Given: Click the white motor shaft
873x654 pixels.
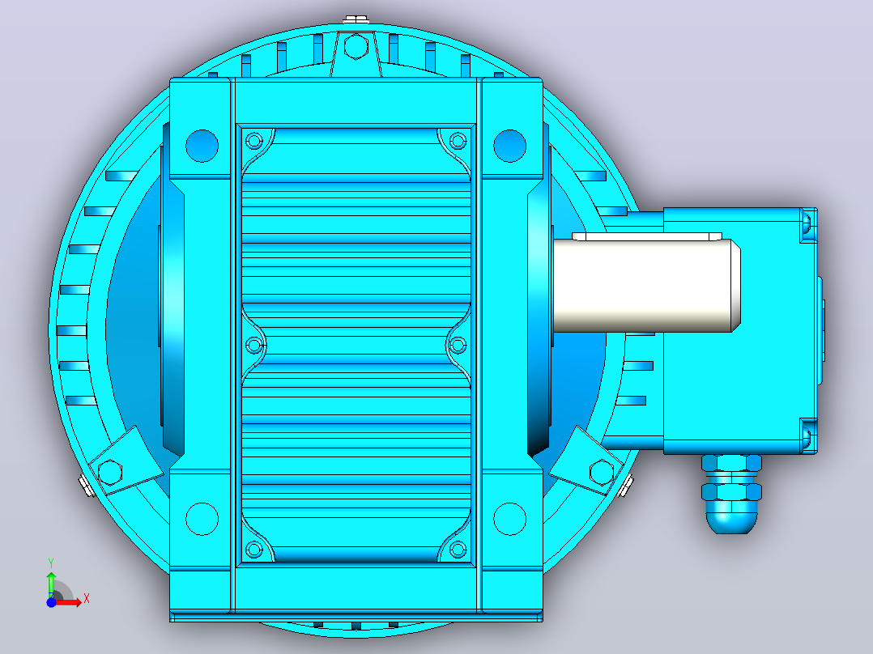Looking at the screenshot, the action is pyautogui.click(x=647, y=286).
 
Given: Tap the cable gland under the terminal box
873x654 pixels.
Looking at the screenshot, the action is pyautogui.click(x=731, y=494).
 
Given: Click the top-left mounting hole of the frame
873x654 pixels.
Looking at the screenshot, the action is pyautogui.click(x=202, y=146).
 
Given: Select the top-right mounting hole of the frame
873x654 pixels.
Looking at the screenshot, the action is pyautogui.click(x=509, y=146).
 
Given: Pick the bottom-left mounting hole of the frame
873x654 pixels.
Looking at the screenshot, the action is pyautogui.click(x=202, y=519).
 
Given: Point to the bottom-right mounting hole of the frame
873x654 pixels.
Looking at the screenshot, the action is pyautogui.click(x=509, y=519).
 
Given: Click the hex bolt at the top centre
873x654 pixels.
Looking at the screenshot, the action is pyautogui.click(x=356, y=46).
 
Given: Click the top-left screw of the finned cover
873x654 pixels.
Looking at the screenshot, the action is pyautogui.click(x=254, y=140).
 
